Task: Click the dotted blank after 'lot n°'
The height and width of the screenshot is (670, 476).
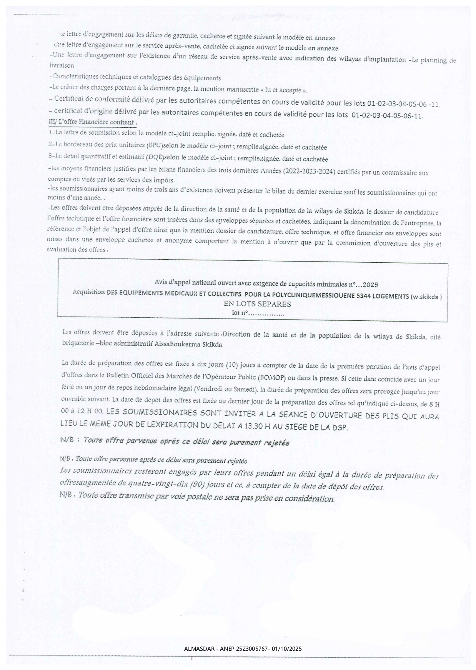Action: click(266, 313)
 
